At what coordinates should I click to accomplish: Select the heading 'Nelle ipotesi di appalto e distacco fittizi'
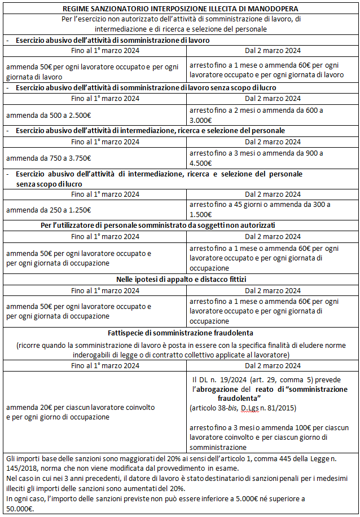click(x=181, y=279)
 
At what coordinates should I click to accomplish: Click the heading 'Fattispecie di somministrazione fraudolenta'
click(x=181, y=333)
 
